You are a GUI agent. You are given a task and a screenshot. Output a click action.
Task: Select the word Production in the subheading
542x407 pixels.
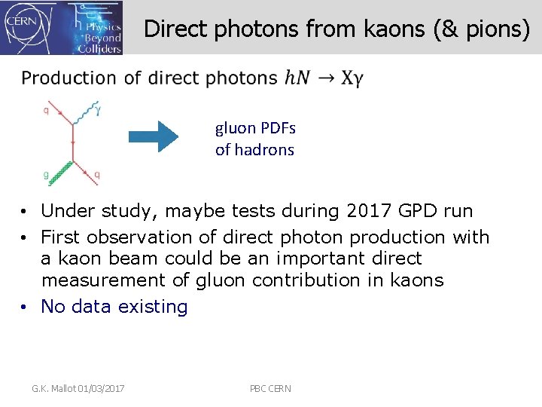pos(69,78)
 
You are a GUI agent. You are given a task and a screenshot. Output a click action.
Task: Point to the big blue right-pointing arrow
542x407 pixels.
pos(153,136)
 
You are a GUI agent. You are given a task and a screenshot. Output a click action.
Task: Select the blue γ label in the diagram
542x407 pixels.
pos(98,110)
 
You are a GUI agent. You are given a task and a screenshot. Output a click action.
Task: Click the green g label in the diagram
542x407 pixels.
pos(46,174)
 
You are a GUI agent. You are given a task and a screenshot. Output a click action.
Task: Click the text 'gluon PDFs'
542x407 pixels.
pos(255,127)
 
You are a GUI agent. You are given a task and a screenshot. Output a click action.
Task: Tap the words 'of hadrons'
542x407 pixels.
pos(254,149)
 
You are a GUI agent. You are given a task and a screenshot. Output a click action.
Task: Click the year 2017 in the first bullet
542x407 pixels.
pos(366,210)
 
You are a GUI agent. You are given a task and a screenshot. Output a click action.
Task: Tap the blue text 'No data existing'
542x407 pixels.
pos(114,307)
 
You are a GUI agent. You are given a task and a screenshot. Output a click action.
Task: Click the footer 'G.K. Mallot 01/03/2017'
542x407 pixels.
pos(78,388)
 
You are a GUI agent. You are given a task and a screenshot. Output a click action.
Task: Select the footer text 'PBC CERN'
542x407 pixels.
pos(270,388)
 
